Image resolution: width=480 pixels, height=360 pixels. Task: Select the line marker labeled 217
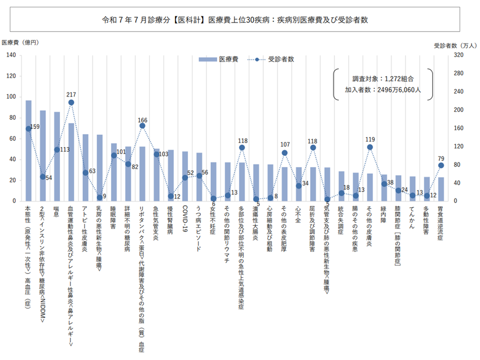[x=71, y=102]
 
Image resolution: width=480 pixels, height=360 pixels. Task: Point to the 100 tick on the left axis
[x=10, y=97]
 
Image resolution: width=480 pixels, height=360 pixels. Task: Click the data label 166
[x=142, y=120]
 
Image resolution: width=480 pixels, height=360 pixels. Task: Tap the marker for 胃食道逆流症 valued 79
[x=441, y=165]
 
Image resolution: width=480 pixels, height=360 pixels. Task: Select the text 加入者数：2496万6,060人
[x=383, y=90]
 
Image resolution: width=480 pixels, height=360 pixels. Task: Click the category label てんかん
[x=412, y=216]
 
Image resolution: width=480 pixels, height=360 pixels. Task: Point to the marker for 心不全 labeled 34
[x=298, y=185]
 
